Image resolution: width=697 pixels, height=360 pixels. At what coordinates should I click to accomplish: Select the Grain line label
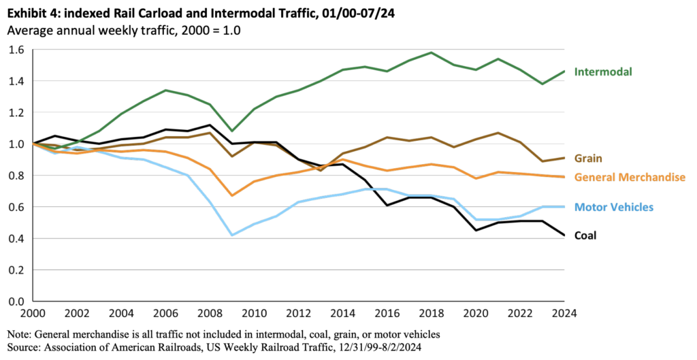[x=588, y=158]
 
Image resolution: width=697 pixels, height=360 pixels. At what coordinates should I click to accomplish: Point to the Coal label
[x=587, y=235]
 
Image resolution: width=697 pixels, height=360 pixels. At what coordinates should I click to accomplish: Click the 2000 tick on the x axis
[x=33, y=314]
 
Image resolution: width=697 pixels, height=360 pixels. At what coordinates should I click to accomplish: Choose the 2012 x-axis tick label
[x=298, y=314]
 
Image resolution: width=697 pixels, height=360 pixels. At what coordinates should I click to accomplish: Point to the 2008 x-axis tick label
[x=210, y=314]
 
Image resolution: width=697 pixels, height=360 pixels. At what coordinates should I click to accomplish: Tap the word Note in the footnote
[x=20, y=334]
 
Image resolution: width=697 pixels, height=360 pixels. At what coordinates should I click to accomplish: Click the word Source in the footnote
[x=25, y=347]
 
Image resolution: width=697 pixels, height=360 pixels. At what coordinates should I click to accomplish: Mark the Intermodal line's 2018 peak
[x=431, y=52]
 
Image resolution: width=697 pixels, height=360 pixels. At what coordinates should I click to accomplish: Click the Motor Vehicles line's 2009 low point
[x=232, y=235]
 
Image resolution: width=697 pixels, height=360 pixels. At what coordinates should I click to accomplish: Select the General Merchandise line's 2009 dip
[x=232, y=195]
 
